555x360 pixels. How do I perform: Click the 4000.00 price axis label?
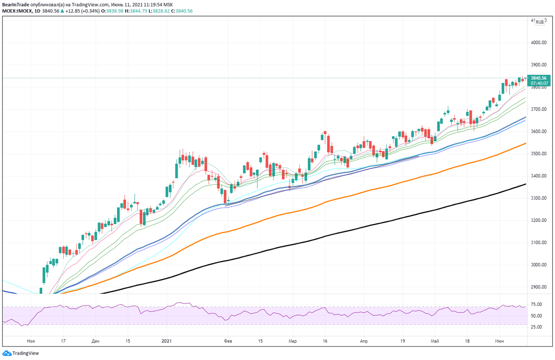(x=539, y=43)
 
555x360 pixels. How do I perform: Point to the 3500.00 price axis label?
(x=539, y=154)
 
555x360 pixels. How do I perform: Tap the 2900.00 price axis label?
(x=539, y=287)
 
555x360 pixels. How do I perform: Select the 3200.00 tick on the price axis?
(x=539, y=220)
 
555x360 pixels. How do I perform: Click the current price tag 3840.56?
(x=539, y=78)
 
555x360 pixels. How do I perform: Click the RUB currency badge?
(x=539, y=22)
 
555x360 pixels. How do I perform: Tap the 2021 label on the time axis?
(x=167, y=341)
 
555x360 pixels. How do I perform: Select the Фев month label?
(x=228, y=341)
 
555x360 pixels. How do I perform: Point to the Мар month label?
(x=292, y=341)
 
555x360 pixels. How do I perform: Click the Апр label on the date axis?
(x=364, y=341)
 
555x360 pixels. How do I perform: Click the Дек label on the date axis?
(x=95, y=341)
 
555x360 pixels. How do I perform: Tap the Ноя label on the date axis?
(x=31, y=341)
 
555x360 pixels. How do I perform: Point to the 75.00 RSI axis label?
(x=536, y=305)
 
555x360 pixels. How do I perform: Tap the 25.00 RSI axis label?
(x=536, y=327)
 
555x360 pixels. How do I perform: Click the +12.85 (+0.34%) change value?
(x=84, y=11)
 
